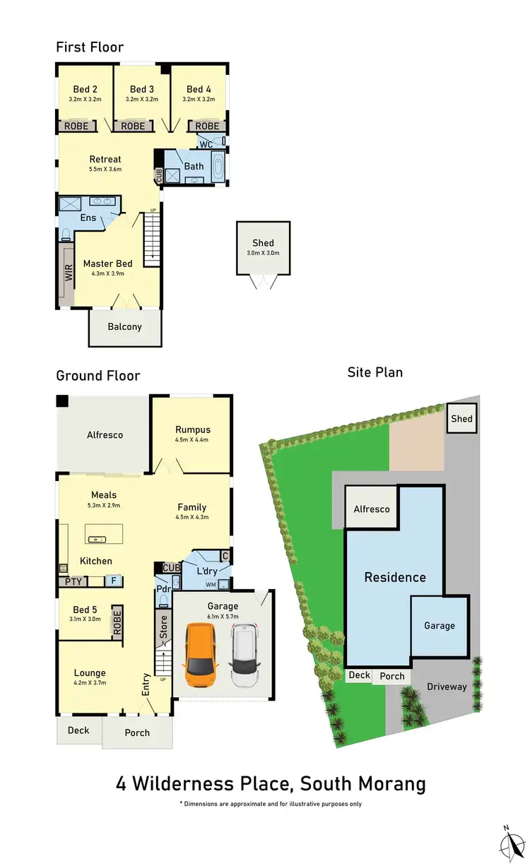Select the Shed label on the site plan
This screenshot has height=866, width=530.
[x=461, y=419]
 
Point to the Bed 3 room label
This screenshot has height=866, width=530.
[x=142, y=89]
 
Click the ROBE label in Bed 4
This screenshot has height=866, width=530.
[x=207, y=126]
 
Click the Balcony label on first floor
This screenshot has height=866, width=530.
[x=124, y=326]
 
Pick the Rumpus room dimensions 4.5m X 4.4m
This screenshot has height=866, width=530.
[x=192, y=440]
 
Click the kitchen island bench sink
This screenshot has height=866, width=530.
[x=95, y=539]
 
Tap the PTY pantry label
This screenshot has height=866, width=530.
[x=73, y=581]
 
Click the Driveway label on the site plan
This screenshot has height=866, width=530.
[x=447, y=686]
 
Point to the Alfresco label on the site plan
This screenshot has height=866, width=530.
[x=371, y=509]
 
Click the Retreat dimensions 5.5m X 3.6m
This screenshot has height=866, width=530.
[x=105, y=170]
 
